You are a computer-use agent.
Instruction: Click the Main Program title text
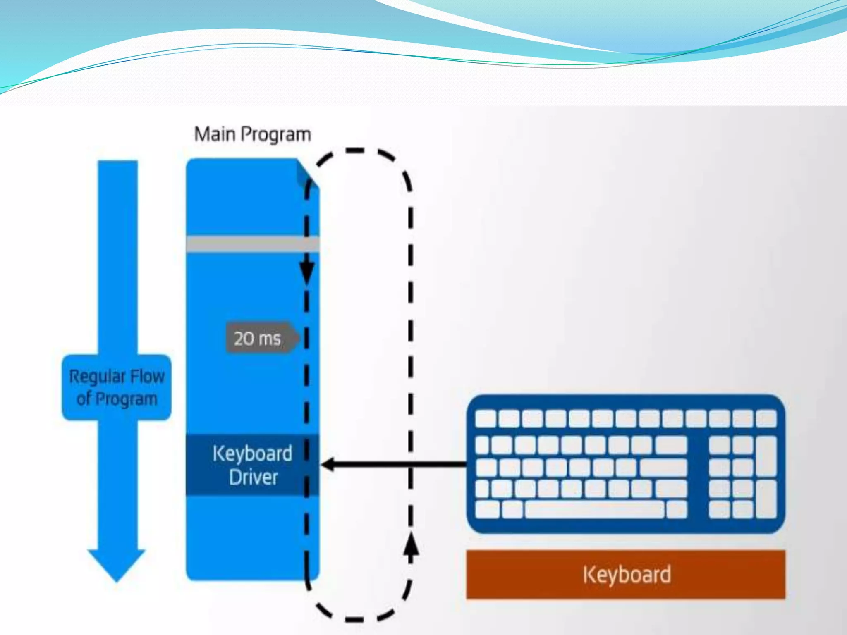[x=252, y=134]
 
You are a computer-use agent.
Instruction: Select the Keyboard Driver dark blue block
[x=252, y=465]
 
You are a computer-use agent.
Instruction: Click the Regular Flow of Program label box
[x=117, y=387]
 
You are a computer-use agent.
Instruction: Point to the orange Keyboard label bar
[x=626, y=575]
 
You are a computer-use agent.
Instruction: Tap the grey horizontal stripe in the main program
[x=252, y=244]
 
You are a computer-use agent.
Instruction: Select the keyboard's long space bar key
[x=595, y=509]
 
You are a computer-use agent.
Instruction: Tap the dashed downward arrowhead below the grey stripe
[x=306, y=273]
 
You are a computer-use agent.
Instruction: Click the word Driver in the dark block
[x=253, y=477]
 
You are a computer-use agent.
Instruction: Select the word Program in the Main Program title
[x=276, y=135]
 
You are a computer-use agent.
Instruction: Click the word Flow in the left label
[x=148, y=377]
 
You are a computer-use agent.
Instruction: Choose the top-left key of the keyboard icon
[x=486, y=418]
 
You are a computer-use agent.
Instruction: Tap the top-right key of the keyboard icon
[x=766, y=418]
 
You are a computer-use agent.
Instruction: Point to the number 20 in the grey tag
[x=244, y=339]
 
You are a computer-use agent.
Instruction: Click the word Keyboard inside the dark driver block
[x=252, y=454]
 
